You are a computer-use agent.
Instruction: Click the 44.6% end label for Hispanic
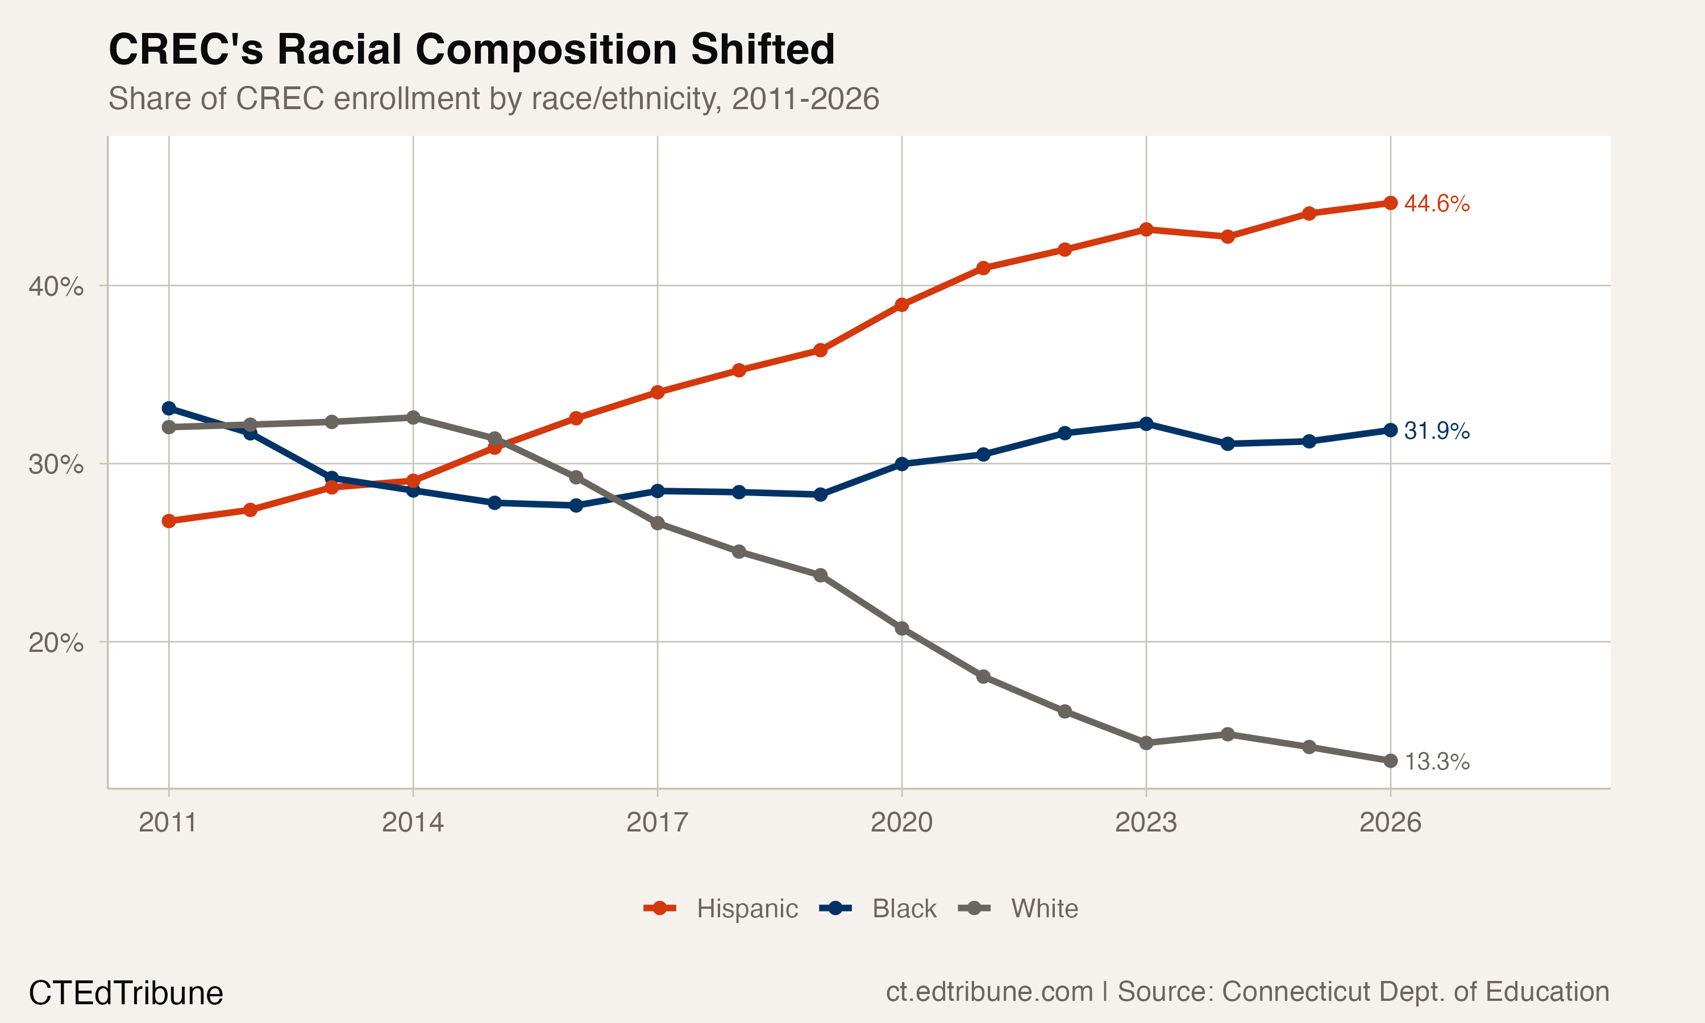coord(1436,203)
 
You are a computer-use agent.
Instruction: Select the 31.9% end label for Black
coord(1436,431)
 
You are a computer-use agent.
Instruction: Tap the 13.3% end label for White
coord(1436,762)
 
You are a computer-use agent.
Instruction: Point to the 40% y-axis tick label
coord(56,286)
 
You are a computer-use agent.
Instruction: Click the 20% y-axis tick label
coord(56,642)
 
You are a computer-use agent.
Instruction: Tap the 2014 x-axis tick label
coord(413,822)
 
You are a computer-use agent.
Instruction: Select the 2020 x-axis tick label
coord(901,822)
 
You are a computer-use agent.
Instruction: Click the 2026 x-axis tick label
coord(1390,822)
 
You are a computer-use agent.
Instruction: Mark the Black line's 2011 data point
coord(169,409)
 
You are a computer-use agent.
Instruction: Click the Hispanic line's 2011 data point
coord(169,521)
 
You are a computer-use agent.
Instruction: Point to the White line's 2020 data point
coord(901,629)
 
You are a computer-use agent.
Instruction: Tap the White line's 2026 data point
coord(1391,761)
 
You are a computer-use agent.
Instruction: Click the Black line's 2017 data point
coord(658,491)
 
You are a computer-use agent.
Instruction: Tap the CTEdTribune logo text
coord(126,993)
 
